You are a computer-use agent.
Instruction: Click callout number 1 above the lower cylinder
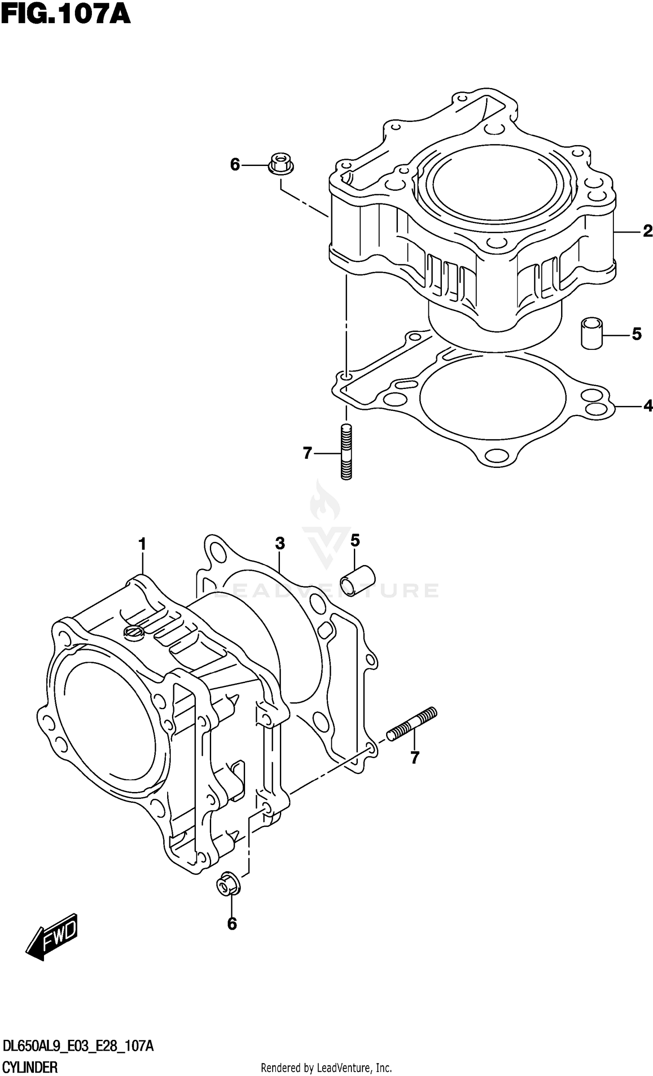(x=142, y=545)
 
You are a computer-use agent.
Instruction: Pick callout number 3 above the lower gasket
(x=280, y=543)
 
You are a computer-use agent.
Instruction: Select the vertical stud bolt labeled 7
(x=346, y=453)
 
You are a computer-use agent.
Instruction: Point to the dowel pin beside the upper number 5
(x=592, y=333)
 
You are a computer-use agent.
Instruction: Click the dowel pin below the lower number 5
(x=357, y=580)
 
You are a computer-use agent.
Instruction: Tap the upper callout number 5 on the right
(x=636, y=335)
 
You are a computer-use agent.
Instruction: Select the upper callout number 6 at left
(x=235, y=165)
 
